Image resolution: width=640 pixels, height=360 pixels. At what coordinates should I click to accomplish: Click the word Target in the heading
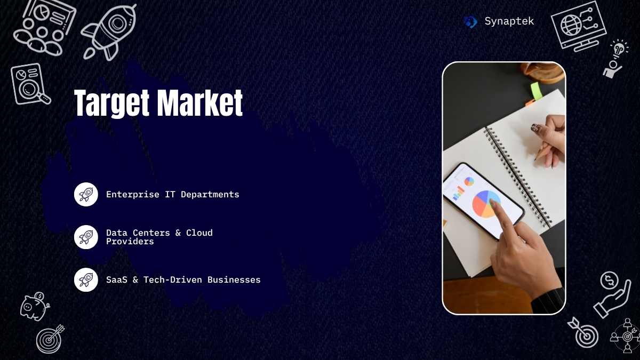coord(111,103)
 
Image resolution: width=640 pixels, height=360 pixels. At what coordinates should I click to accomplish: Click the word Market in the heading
coord(200,102)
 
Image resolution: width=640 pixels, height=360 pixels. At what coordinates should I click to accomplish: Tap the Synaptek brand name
coord(509,21)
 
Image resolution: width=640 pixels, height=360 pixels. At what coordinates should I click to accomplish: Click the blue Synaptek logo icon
coord(470,22)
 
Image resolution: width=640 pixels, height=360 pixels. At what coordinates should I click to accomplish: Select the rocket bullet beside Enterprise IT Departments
coord(86,194)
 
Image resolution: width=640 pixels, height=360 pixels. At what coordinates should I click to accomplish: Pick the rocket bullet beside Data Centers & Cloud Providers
coord(86,237)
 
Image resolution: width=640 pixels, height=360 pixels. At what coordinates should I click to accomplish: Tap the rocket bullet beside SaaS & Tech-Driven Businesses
coord(86,279)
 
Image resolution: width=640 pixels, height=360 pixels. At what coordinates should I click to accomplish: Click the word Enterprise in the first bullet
coord(133,195)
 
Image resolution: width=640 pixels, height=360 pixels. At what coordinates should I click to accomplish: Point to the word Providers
coord(130,242)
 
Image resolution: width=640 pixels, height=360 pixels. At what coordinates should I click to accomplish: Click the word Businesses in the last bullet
coord(234,279)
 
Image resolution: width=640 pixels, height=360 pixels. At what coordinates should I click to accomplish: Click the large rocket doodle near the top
coord(109,32)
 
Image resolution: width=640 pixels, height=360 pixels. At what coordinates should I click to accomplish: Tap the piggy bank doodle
coord(35,306)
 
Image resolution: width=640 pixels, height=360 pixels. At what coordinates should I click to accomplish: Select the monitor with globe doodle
coord(579,26)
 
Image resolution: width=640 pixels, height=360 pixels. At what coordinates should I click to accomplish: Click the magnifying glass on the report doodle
coord(32,90)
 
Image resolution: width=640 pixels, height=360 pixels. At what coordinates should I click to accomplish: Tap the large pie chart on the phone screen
coord(486,204)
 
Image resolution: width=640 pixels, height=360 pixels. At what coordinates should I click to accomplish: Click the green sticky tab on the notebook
coord(537,91)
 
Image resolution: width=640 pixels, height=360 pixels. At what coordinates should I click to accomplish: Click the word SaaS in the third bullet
coord(117,279)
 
